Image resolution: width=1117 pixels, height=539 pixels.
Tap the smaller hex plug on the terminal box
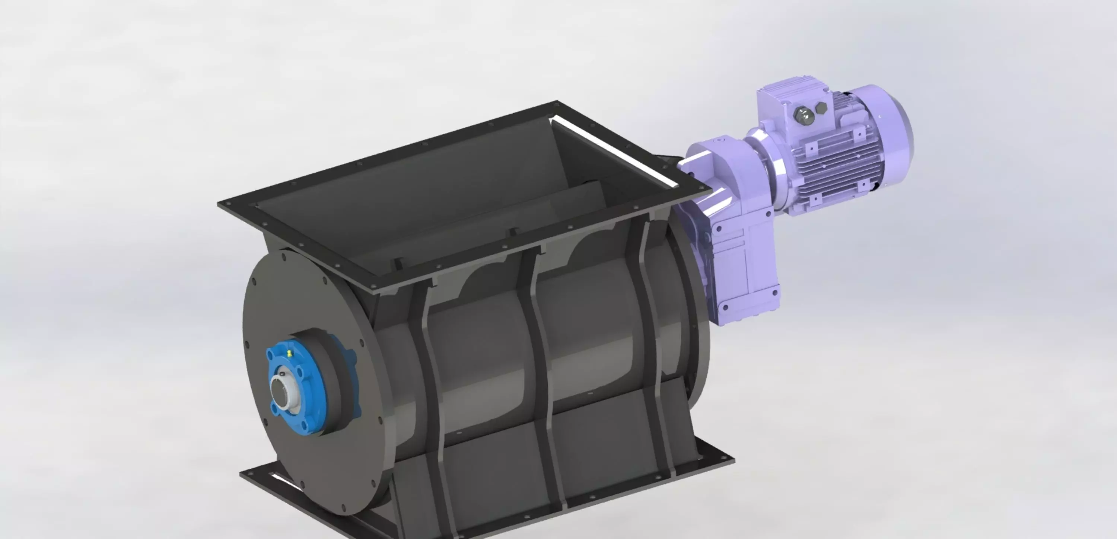(820, 108)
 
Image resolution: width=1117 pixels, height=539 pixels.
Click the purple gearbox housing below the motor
(737, 260)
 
